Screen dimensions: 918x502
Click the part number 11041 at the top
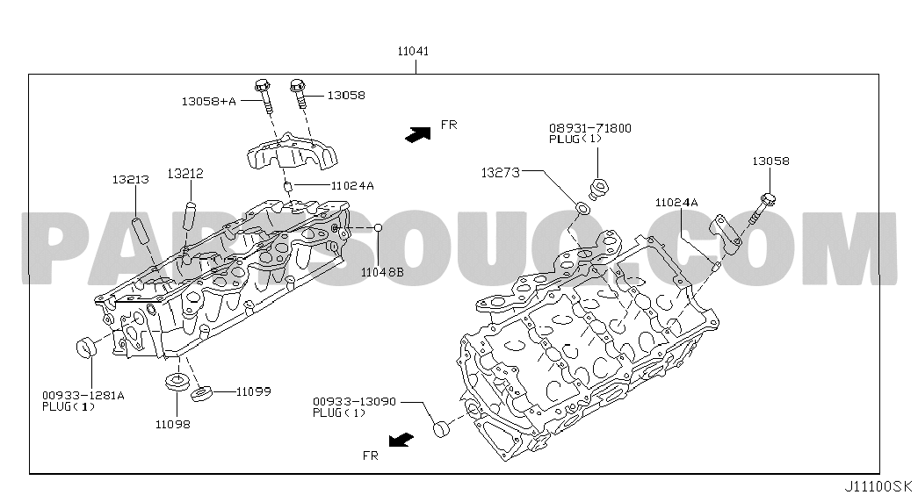pyautogui.click(x=414, y=52)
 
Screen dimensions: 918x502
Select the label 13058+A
pyautogui.click(x=208, y=101)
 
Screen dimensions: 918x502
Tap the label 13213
pyautogui.click(x=131, y=180)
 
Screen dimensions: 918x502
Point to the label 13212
pyautogui.click(x=185, y=174)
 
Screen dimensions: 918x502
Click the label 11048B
pyautogui.click(x=382, y=272)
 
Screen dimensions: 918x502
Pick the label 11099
pyautogui.click(x=254, y=391)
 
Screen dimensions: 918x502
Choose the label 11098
pyautogui.click(x=173, y=424)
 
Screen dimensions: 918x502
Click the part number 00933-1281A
pyautogui.click(x=83, y=396)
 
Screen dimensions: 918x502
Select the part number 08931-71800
pyautogui.click(x=590, y=128)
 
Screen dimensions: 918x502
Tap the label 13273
pyautogui.click(x=501, y=173)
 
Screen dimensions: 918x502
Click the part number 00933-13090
pyautogui.click(x=354, y=402)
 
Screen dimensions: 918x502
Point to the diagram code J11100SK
pyautogui.click(x=878, y=486)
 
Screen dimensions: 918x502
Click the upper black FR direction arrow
pyautogui.click(x=418, y=134)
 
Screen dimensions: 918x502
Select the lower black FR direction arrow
pyautogui.click(x=401, y=440)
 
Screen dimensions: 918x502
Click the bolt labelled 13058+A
pyautogui.click(x=263, y=96)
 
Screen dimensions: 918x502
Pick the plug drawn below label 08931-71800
pyautogui.click(x=598, y=189)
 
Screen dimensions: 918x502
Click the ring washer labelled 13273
pyautogui.click(x=582, y=208)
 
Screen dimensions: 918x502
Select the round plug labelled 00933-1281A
pyautogui.click(x=87, y=347)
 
